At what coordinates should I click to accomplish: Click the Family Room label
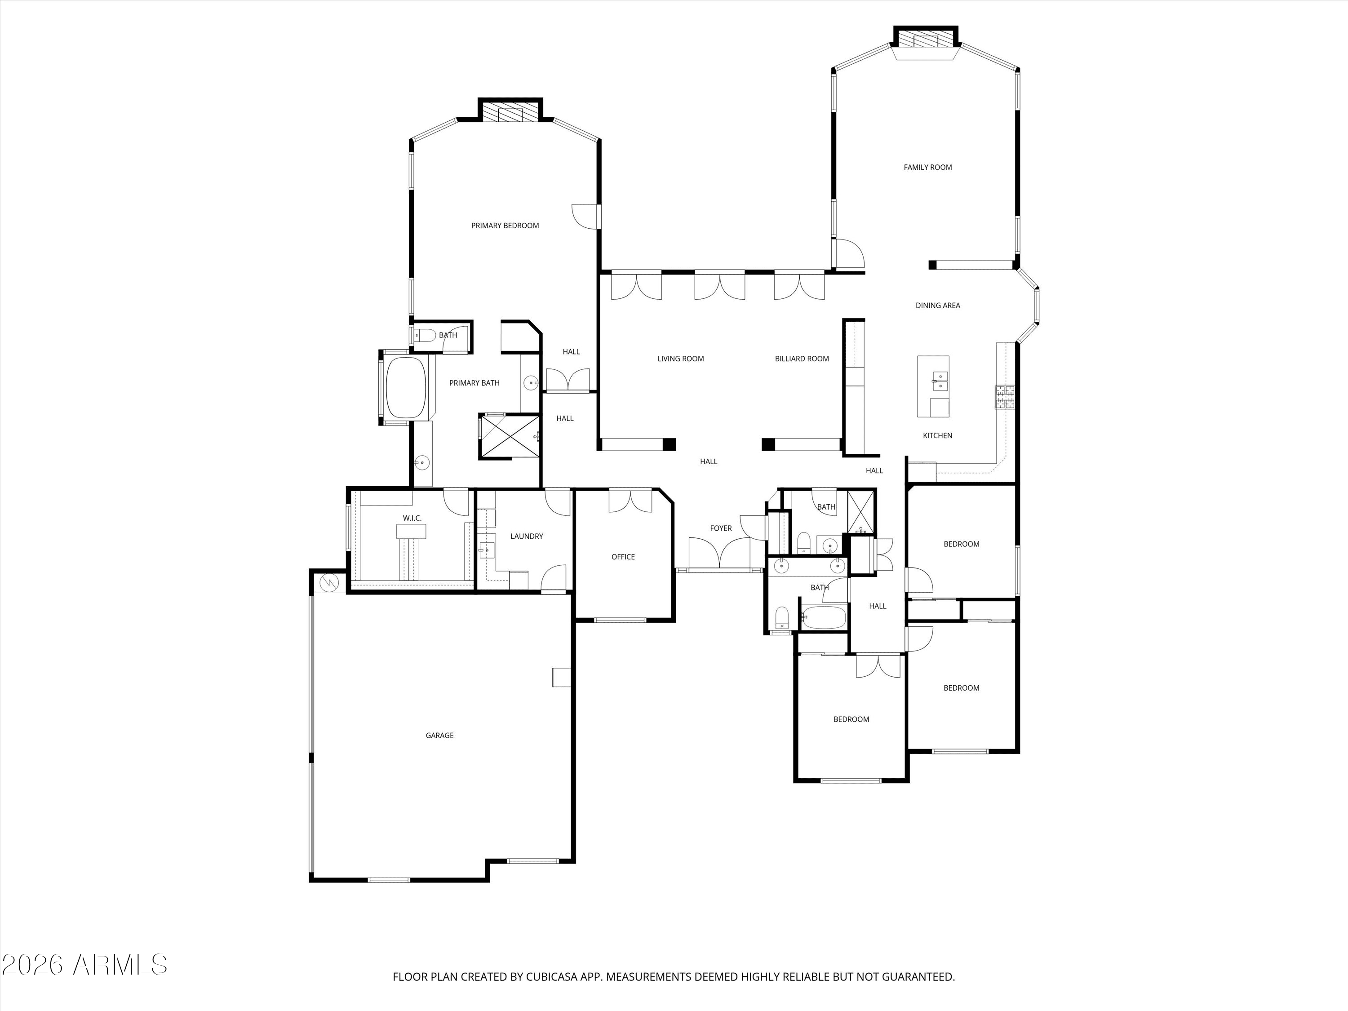(927, 167)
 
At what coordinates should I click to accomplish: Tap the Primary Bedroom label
(505, 226)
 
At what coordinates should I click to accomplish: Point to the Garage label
(439, 736)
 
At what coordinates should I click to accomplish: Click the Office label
(623, 557)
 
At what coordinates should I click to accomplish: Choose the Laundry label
(527, 536)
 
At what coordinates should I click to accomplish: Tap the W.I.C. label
(412, 518)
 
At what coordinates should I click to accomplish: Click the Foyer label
(721, 528)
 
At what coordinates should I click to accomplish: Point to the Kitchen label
(937, 436)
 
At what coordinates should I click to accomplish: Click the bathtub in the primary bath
(406, 388)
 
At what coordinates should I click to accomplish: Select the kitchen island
(933, 386)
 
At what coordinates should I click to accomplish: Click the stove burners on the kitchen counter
(1005, 397)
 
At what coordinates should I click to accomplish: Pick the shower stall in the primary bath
(510, 436)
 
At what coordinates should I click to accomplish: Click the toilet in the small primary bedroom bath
(425, 335)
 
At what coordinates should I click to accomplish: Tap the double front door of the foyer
(720, 553)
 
